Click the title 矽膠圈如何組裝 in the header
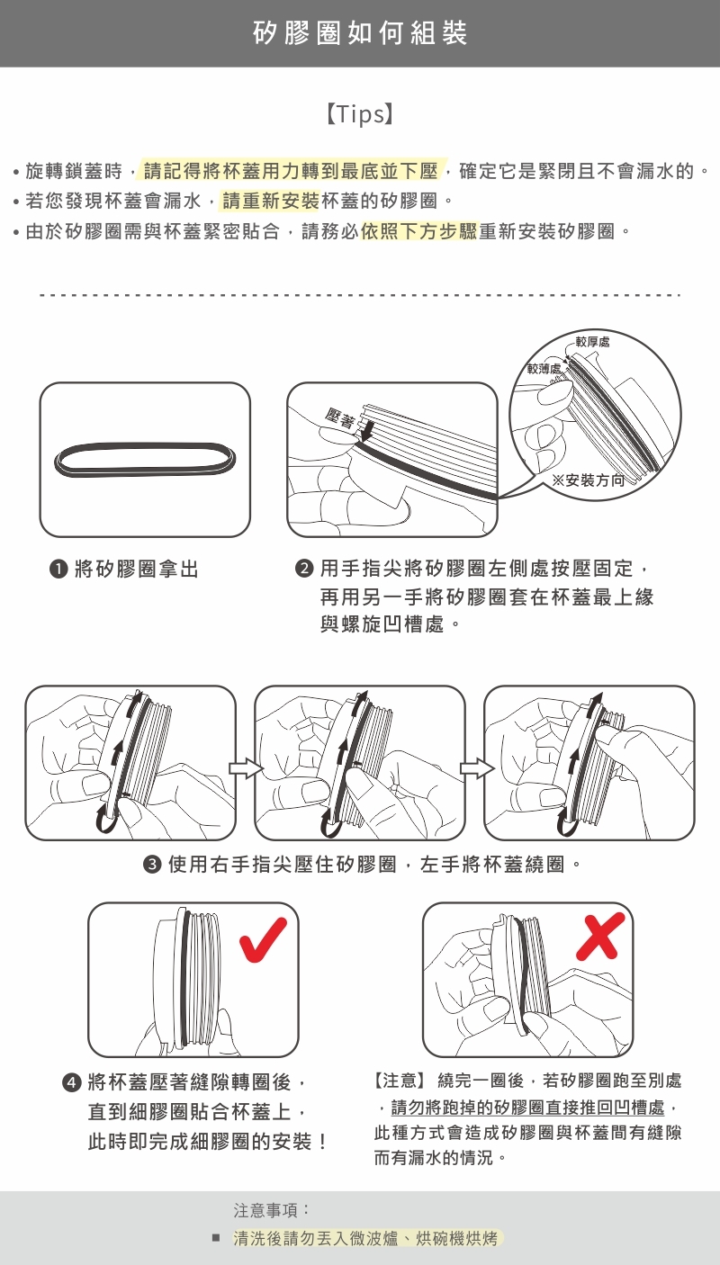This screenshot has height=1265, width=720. [360, 33]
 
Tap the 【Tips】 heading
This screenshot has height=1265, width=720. [360, 113]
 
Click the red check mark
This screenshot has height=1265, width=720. [263, 939]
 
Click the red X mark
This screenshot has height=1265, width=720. [600, 937]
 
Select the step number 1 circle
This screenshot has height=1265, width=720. [58, 569]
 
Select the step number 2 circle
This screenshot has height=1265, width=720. [304, 568]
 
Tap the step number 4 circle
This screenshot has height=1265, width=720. [71, 1082]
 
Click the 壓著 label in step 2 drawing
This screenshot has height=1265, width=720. [340, 418]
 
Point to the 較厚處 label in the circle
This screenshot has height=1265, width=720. [592, 342]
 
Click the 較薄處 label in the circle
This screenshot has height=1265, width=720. [544, 368]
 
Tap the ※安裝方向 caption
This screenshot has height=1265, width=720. [588, 480]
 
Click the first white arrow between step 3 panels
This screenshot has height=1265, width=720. [246, 768]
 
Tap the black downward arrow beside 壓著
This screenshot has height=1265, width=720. [365, 430]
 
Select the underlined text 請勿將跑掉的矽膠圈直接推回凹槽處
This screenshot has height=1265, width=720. [527, 1108]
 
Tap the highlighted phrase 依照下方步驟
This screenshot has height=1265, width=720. [419, 231]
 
